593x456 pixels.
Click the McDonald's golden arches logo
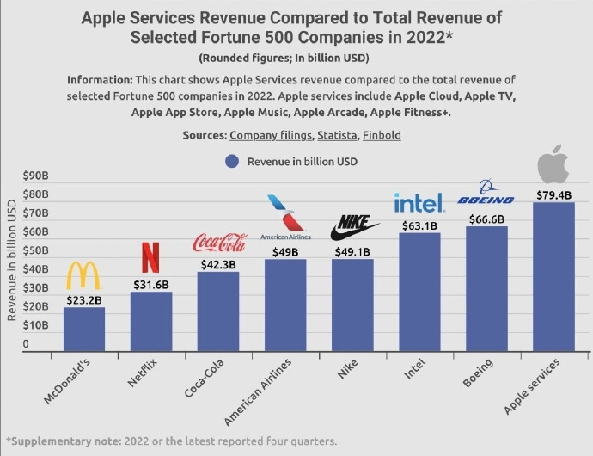click(83, 275)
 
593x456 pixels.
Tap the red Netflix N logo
click(150, 258)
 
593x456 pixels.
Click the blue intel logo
click(419, 203)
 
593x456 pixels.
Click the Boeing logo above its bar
click(486, 195)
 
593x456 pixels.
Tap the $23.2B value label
click(83, 301)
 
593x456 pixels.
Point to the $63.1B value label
click(419, 225)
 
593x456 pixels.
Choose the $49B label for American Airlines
click(285, 252)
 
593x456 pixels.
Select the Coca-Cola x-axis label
click(205, 381)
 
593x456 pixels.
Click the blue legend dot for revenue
click(231, 161)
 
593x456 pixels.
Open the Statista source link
click(334, 136)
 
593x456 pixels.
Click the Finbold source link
click(382, 136)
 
